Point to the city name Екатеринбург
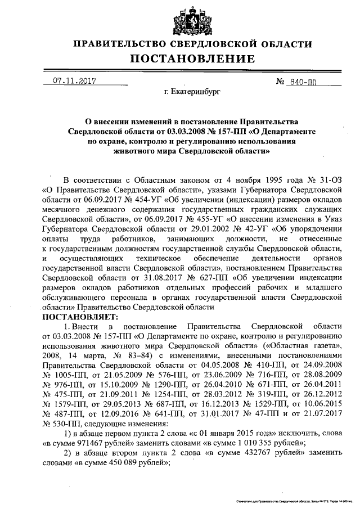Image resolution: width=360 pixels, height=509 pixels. [192, 90]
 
